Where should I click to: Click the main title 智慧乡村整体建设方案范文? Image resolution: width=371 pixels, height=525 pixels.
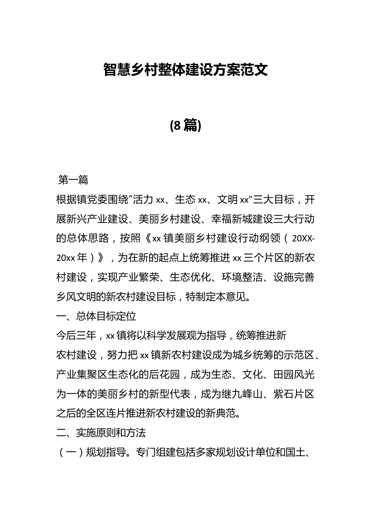pyautogui.click(x=185, y=70)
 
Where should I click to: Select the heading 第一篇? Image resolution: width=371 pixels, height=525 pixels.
pyautogui.click(x=73, y=180)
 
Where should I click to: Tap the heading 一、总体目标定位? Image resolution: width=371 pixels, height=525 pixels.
pyautogui.click(x=96, y=316)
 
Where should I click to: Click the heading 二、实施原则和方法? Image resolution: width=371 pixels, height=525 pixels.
pyautogui.click(x=101, y=433)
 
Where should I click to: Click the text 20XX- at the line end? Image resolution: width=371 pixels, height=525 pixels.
pyautogui.click(x=303, y=238)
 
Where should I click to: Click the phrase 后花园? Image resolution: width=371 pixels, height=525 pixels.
pyautogui.click(x=164, y=375)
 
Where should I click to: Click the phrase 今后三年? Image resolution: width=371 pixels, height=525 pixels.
pyautogui.click(x=76, y=336)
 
